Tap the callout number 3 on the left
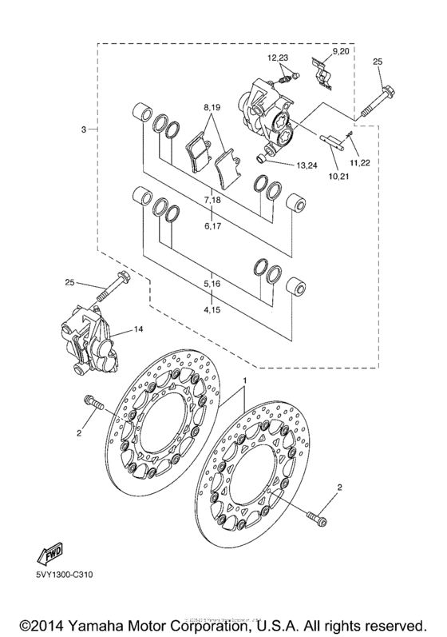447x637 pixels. (x=83, y=129)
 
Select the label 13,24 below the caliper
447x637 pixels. (x=308, y=166)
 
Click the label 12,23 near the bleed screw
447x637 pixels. (x=277, y=58)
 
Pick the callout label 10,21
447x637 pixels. (x=338, y=175)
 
